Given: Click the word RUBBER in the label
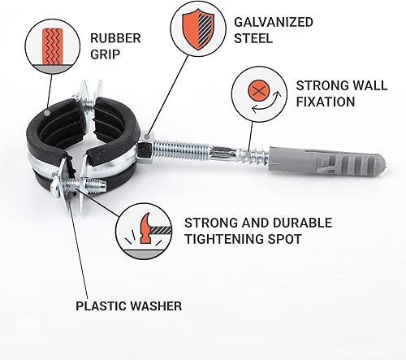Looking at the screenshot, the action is tap(115, 38).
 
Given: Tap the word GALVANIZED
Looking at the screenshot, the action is tap(274, 22).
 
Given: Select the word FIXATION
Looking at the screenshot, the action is tap(326, 102).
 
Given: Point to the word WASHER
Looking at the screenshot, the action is tap(156, 306).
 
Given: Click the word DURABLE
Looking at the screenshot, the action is tap(302, 223).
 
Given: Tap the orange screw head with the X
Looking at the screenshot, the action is tap(259, 90).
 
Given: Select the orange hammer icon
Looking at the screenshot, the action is tap(145, 228).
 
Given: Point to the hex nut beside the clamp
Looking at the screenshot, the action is tap(145, 148).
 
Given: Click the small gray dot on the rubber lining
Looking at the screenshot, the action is tap(47, 112).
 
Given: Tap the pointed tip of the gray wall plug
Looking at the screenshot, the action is tap(384, 162).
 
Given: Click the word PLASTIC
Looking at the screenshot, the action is tap(101, 306).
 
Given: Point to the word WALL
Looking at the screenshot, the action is tap(371, 85).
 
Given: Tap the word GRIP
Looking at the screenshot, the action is tap(105, 54).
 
